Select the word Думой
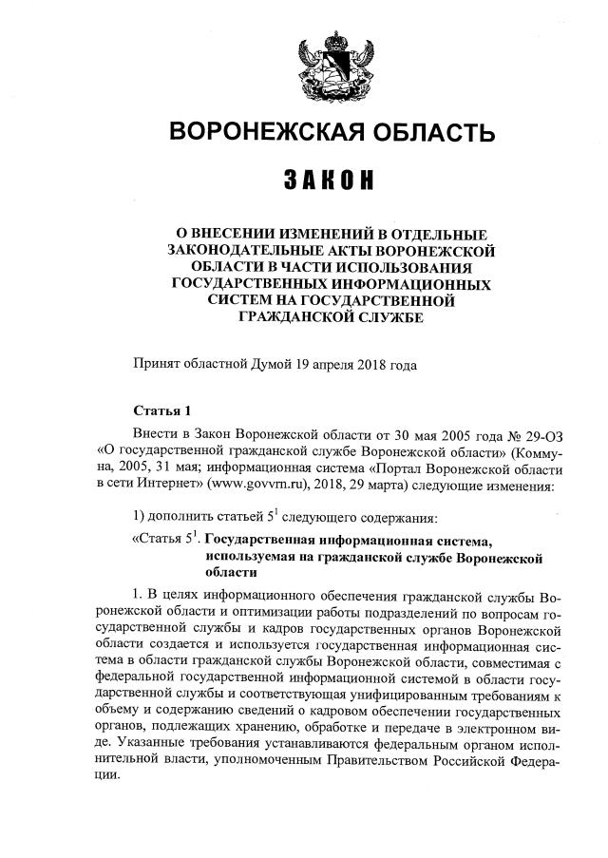click(x=271, y=363)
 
